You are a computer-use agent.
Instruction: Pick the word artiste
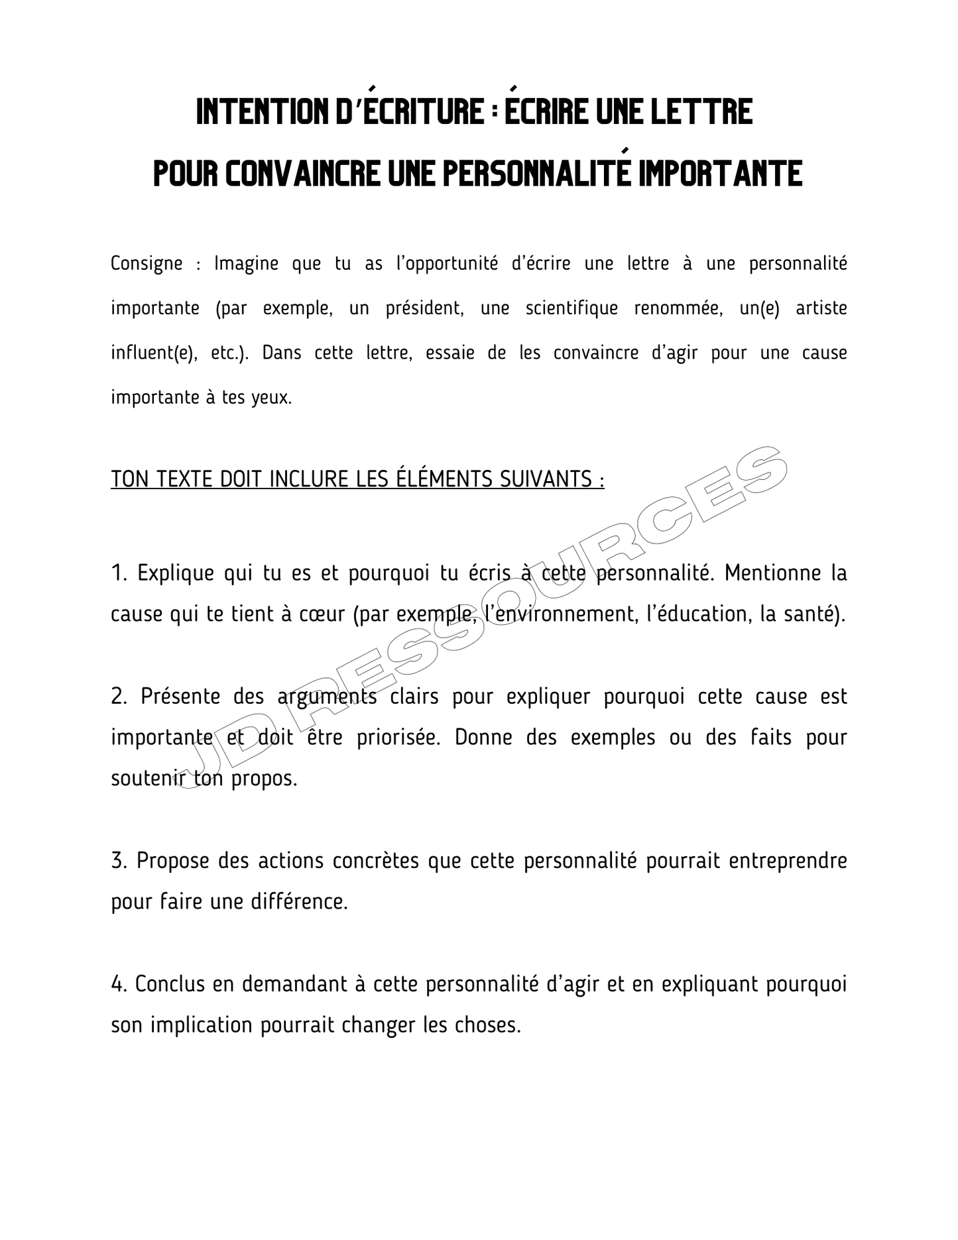tap(821, 308)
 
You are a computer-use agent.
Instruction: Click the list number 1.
tap(118, 573)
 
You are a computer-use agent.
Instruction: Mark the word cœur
tap(322, 614)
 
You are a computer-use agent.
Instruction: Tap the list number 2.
tap(119, 697)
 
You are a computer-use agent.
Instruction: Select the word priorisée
tap(398, 738)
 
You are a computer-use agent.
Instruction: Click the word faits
tap(770, 737)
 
